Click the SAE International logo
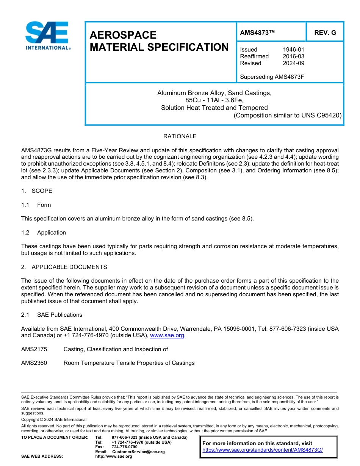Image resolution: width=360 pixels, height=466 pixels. point(47,36)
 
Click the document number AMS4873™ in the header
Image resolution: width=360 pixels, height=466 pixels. point(257,33)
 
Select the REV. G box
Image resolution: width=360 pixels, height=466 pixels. point(325,33)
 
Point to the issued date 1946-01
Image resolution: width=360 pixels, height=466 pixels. point(293,50)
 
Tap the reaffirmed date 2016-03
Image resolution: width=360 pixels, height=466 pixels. point(293,56)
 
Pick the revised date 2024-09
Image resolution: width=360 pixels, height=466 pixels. point(293,63)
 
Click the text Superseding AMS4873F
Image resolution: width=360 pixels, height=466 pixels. point(272,77)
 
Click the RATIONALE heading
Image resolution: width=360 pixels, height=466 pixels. point(180,136)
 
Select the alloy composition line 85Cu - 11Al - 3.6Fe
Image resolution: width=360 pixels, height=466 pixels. point(214,100)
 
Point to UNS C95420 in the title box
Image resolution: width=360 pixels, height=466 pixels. point(322,115)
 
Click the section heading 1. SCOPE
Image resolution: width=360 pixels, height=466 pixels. point(37,191)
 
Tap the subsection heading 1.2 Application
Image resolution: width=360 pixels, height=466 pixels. point(44,233)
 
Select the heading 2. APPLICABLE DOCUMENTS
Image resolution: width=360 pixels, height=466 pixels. point(64,267)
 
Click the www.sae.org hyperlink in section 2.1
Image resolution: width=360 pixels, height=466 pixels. point(167,335)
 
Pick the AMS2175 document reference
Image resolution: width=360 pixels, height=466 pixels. point(34,349)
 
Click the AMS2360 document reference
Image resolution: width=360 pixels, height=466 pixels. point(34,363)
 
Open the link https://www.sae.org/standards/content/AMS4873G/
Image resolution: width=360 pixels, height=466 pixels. point(262,450)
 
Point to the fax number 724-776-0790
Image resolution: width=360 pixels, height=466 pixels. point(124,447)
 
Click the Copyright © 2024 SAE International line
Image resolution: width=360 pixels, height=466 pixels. point(54,419)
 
